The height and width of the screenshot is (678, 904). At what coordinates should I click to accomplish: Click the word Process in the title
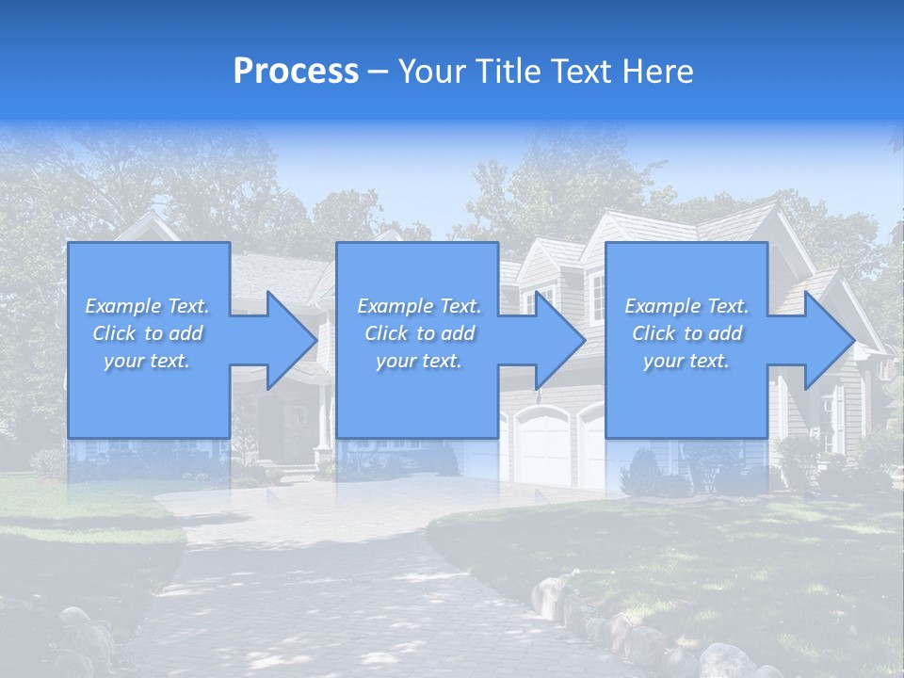296,72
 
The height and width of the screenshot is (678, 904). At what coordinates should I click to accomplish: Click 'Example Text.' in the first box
147,306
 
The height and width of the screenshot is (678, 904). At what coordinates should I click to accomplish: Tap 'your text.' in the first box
147,361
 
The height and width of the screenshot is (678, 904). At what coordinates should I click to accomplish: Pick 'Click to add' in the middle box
419,333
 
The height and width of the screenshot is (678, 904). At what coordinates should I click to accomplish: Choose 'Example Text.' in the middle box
419,306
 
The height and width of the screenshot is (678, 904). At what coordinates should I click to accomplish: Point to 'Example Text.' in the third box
686,306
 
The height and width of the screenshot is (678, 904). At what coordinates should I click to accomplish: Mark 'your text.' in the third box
686,361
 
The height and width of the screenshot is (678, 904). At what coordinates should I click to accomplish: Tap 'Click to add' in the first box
147,333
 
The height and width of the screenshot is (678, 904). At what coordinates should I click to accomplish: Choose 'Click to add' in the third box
686,333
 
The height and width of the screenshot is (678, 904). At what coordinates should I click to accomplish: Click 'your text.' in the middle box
419,361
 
